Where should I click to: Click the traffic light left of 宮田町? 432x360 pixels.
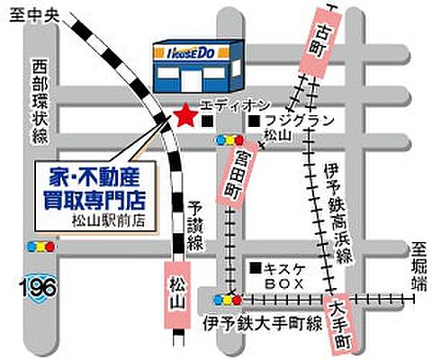pos(229,141)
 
